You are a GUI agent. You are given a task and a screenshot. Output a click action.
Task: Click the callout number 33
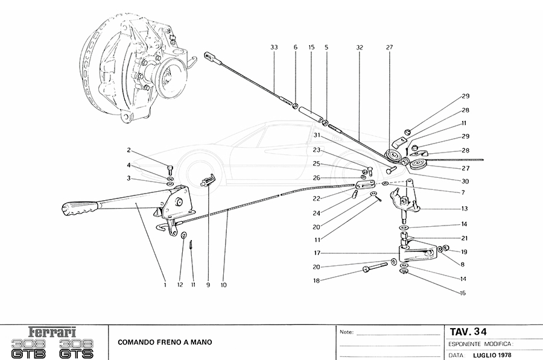274,47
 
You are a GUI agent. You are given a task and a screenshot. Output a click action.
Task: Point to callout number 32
359,47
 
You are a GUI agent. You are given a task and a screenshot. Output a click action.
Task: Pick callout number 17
316,253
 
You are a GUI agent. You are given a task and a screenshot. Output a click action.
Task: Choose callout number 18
316,280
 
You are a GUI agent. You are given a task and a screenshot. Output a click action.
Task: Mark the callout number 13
465,209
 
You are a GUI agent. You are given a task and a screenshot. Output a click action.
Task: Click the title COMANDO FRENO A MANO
160,343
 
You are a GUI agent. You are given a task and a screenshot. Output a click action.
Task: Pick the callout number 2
129,150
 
